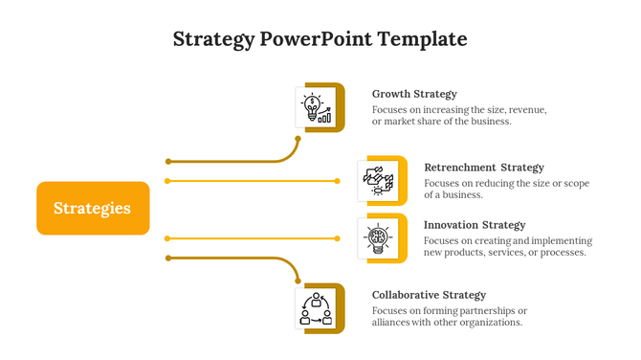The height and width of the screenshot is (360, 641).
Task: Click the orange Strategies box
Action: click(93, 208)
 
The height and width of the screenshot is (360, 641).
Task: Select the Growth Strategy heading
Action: click(414, 94)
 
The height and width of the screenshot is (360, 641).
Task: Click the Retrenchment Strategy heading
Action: click(483, 168)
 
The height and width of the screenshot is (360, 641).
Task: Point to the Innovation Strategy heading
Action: click(475, 225)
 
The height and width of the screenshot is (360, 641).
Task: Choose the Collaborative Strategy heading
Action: click(429, 295)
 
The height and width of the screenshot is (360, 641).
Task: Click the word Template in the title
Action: click(422, 39)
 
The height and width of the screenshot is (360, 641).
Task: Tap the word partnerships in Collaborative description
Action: click(479, 310)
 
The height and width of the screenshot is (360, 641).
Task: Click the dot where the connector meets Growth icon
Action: click(298, 139)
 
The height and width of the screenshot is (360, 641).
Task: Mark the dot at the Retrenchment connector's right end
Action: click(337, 180)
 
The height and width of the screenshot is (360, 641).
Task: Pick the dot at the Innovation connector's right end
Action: click(337, 237)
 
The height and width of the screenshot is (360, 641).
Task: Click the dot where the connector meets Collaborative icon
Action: click(298, 281)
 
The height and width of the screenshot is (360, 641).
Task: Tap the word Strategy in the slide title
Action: click(213, 39)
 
